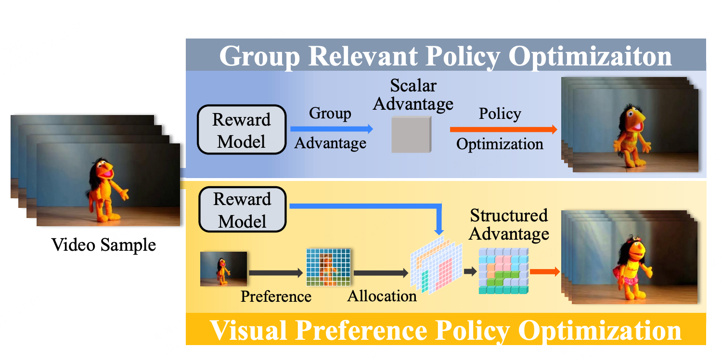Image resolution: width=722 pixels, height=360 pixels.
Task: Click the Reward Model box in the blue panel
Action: click(242, 129)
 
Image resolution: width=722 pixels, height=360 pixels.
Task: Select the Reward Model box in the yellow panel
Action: click(242, 210)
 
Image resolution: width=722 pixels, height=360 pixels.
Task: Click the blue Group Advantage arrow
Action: click(331, 129)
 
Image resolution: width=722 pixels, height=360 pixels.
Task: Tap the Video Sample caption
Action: click(103, 245)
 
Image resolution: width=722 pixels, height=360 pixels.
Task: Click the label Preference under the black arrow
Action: click(276, 296)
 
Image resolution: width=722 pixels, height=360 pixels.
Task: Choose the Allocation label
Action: click(382, 296)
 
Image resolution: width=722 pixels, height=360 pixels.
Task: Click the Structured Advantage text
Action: click(509, 224)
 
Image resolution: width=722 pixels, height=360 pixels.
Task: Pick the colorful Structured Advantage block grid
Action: click(503, 270)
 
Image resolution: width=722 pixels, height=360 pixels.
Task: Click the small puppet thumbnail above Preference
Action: click(223, 269)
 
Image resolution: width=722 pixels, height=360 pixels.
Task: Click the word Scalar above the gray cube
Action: click(413, 86)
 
